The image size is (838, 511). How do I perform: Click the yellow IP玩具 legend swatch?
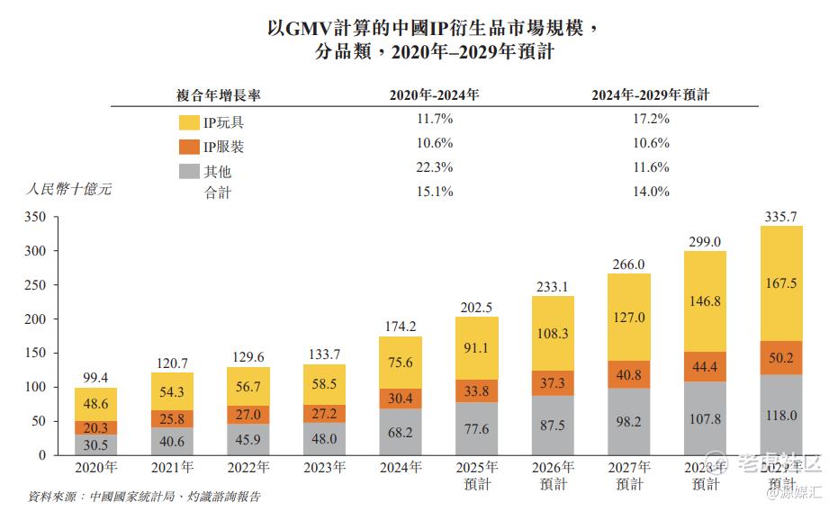point(189,122)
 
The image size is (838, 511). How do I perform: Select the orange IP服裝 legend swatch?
point(189,146)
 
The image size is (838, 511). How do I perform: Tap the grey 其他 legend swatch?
point(189,170)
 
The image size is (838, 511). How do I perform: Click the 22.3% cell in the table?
point(434,167)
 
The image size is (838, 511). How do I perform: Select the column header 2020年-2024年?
point(434,94)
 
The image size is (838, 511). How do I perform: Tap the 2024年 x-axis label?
point(400,468)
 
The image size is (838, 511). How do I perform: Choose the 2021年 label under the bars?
point(171,468)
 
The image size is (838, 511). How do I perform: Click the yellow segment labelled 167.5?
point(781,283)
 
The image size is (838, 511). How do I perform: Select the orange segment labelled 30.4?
point(400,396)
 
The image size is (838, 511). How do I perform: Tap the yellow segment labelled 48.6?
point(95,405)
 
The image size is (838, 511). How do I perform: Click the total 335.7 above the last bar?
point(781,216)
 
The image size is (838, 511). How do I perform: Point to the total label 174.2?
point(400,327)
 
